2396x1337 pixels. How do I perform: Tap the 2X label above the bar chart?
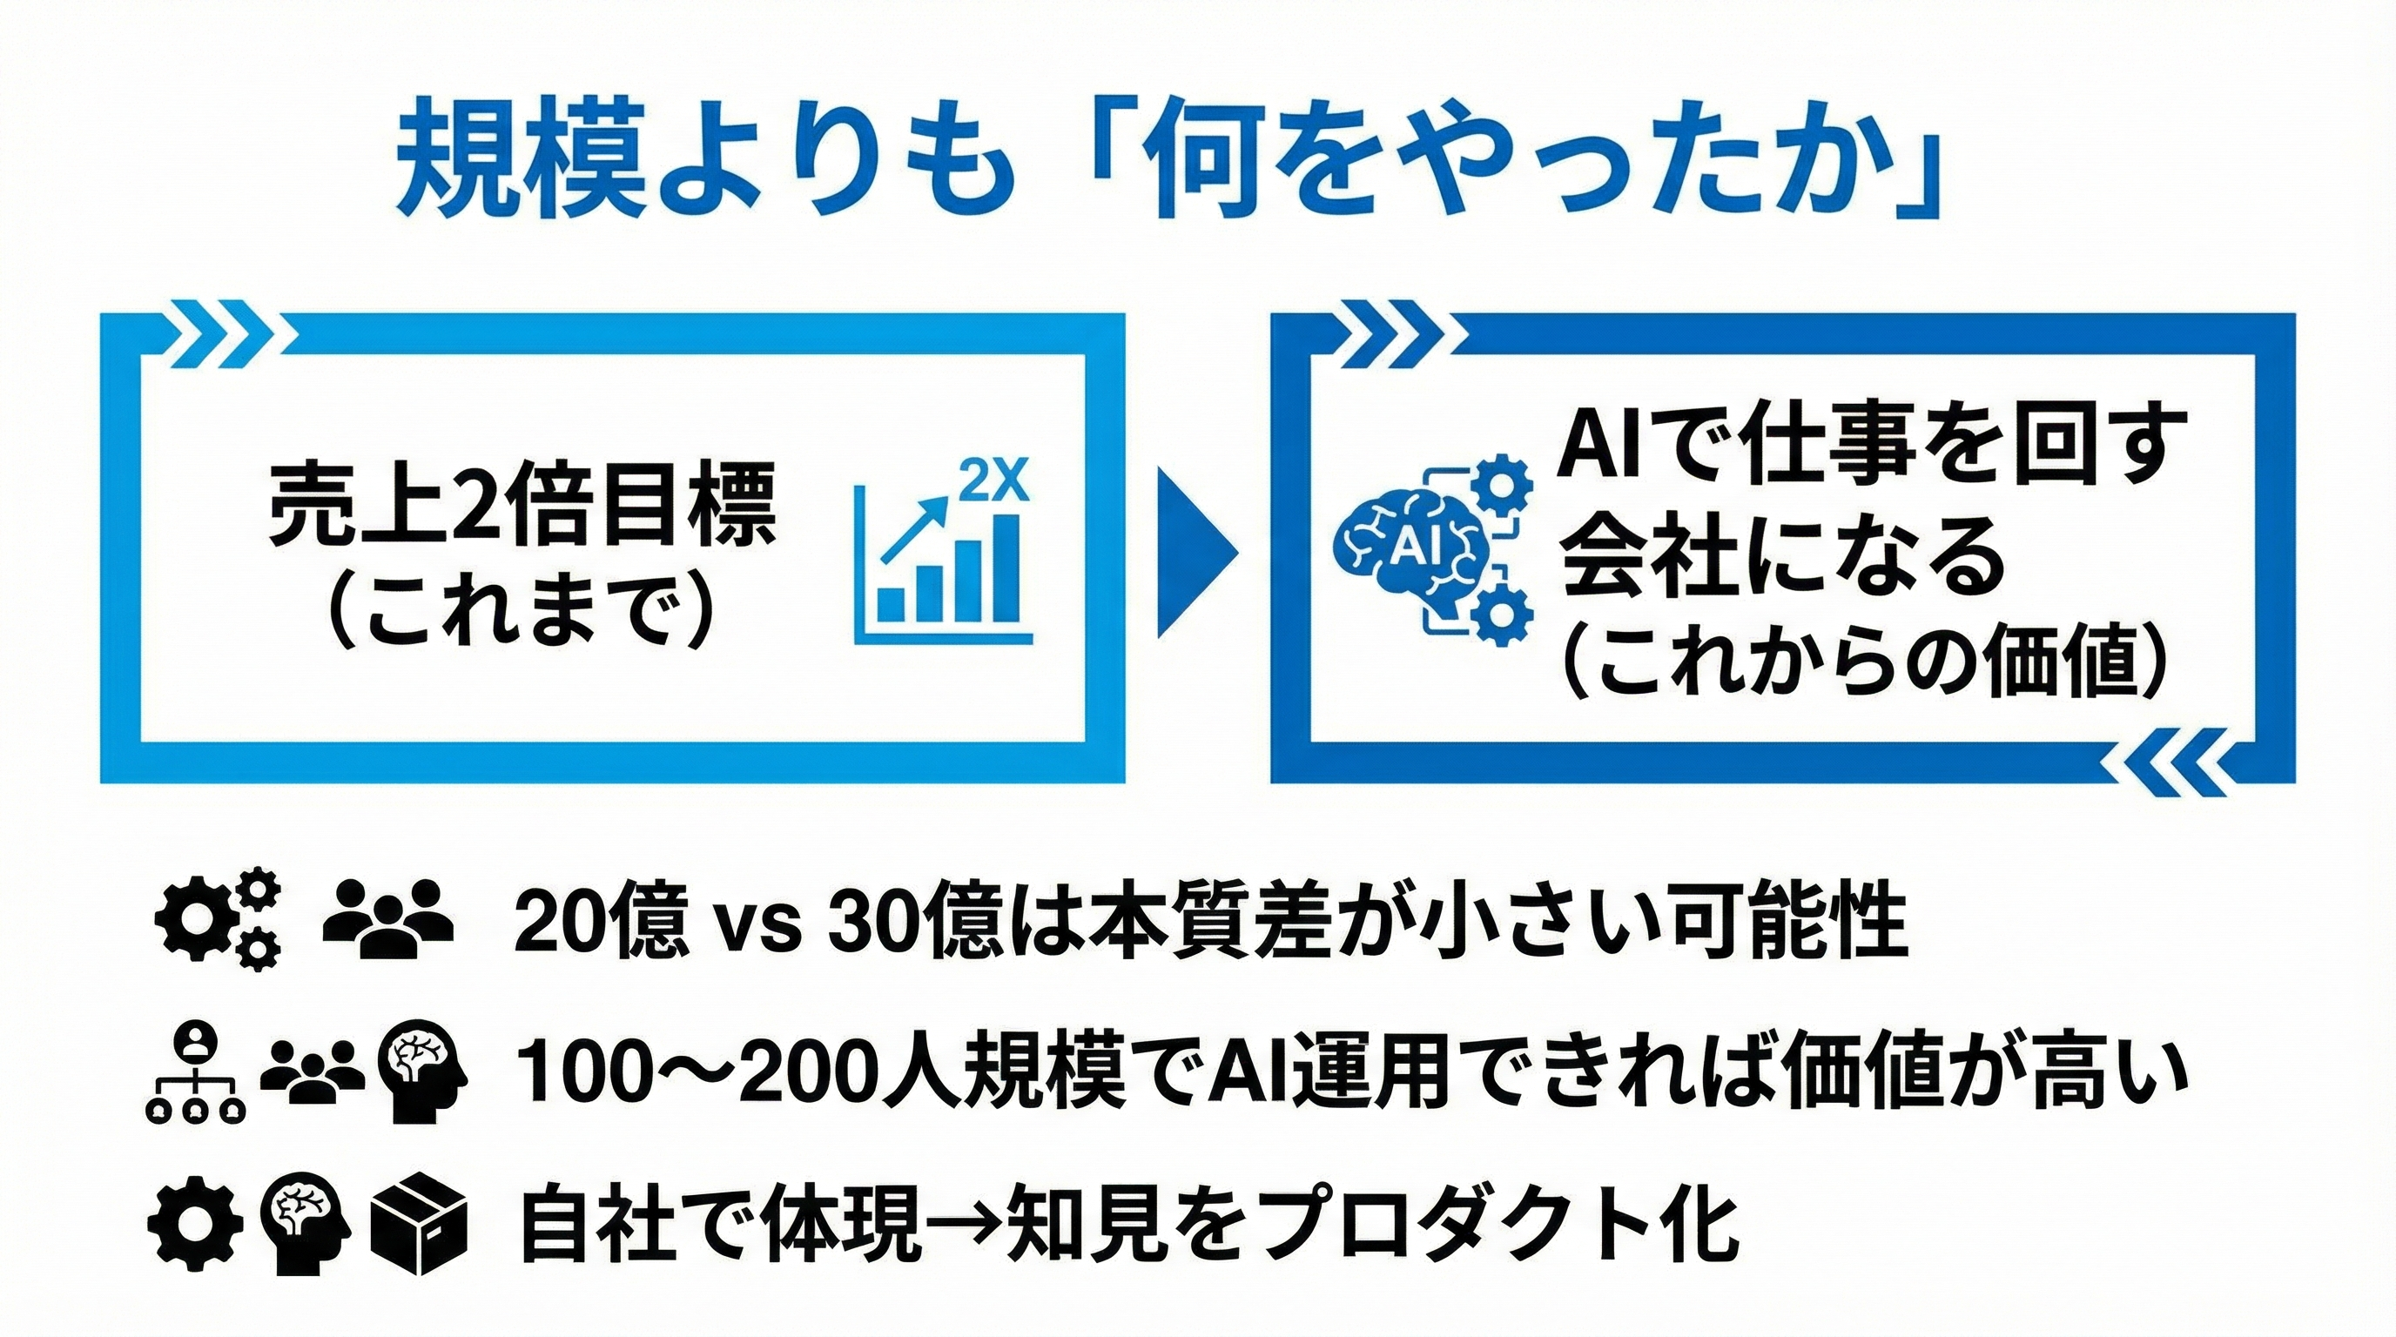(994, 480)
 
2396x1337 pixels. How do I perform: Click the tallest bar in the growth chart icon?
(1006, 567)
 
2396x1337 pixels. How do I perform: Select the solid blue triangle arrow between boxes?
(1198, 551)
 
